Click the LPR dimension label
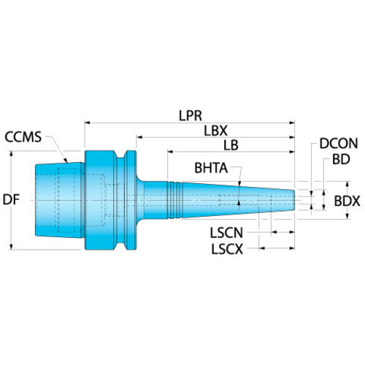point(191,116)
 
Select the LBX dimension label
point(215,131)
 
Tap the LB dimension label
point(231,145)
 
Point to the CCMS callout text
point(23,137)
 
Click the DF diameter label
point(11,200)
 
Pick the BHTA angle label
point(211,168)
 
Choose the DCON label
point(339,144)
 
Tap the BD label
point(341,160)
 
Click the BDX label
point(347,201)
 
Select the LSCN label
point(226,233)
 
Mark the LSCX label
point(227,249)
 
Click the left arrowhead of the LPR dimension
point(88,123)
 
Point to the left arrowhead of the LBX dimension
point(139,137)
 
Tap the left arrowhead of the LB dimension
point(170,152)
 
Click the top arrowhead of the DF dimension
point(11,154)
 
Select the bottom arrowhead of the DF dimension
point(11,247)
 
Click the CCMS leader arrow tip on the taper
point(66,162)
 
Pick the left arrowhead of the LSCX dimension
point(262,248)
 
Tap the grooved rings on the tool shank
point(174,200)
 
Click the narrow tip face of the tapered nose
point(293,200)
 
